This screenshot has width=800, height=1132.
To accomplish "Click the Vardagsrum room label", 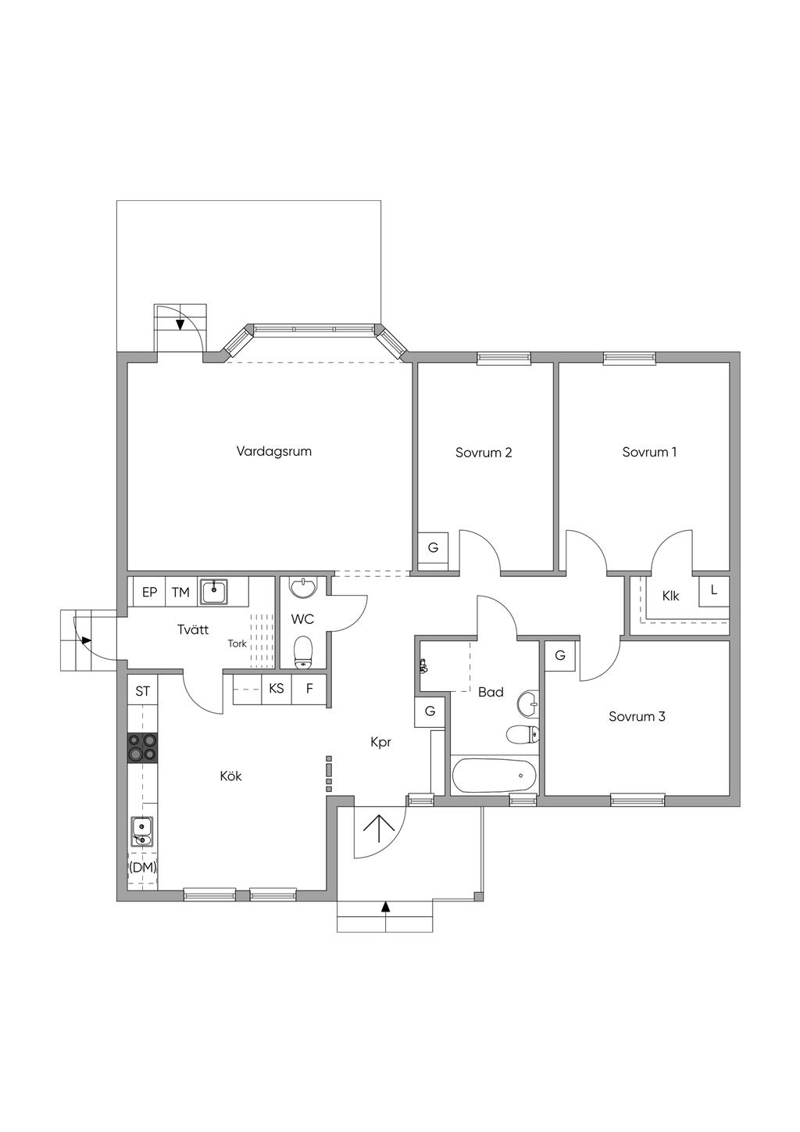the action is click(273, 451).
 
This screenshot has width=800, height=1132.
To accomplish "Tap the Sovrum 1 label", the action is click(649, 452).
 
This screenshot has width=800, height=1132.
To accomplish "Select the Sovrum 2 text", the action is click(484, 453).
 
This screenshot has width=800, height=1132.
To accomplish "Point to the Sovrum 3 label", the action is click(637, 716).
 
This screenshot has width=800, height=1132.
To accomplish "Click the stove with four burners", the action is click(142, 747).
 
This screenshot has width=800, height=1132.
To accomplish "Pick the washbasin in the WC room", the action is click(304, 587).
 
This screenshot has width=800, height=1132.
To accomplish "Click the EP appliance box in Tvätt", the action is click(149, 592).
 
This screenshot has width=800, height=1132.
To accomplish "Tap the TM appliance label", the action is click(180, 593).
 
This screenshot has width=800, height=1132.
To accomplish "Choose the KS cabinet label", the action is click(277, 688).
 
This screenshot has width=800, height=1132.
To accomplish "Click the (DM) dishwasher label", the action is click(142, 868).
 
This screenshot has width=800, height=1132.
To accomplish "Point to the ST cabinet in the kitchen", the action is click(143, 691).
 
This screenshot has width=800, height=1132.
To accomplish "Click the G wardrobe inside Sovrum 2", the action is click(433, 547).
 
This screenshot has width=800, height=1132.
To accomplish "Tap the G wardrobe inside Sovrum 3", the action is click(559, 656).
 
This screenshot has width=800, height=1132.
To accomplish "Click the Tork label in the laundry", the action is click(237, 644).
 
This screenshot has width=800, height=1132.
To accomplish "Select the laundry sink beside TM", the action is click(215, 592).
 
